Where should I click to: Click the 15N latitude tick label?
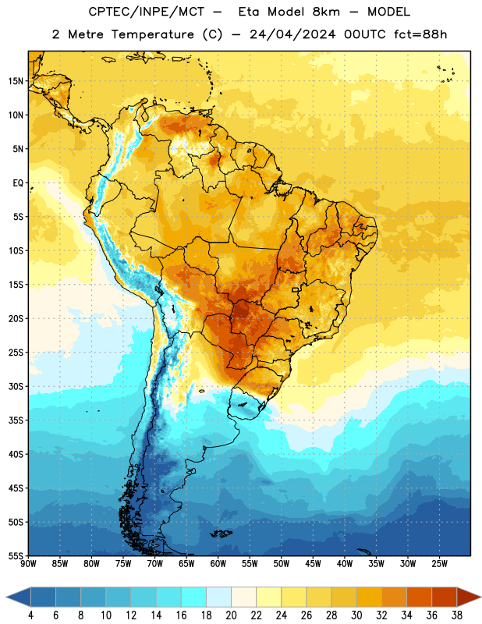coord(16,81)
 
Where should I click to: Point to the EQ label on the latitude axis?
coord(18,183)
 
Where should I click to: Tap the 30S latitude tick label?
coord(16,386)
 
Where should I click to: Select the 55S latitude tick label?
coord(16,555)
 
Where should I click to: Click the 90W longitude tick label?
coord(28,564)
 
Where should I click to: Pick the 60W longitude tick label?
coord(218,564)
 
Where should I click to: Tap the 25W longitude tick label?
coord(439,564)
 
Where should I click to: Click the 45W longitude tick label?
coord(313,564)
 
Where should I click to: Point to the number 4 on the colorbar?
coord(30,615)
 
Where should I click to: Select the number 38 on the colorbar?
coord(457,615)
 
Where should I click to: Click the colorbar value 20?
coord(231,615)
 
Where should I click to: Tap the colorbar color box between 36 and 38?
coord(445,597)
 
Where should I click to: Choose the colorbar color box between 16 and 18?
coord(193,597)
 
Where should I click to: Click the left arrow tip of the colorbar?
coord(6,597)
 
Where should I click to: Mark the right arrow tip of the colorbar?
coord(480,597)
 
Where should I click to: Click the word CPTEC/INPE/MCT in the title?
coord(147,12)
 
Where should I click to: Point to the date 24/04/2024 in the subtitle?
coord(292,34)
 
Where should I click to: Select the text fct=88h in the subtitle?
coord(420,34)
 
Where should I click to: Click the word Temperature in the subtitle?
coord(153,35)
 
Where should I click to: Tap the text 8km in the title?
coord(326,12)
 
